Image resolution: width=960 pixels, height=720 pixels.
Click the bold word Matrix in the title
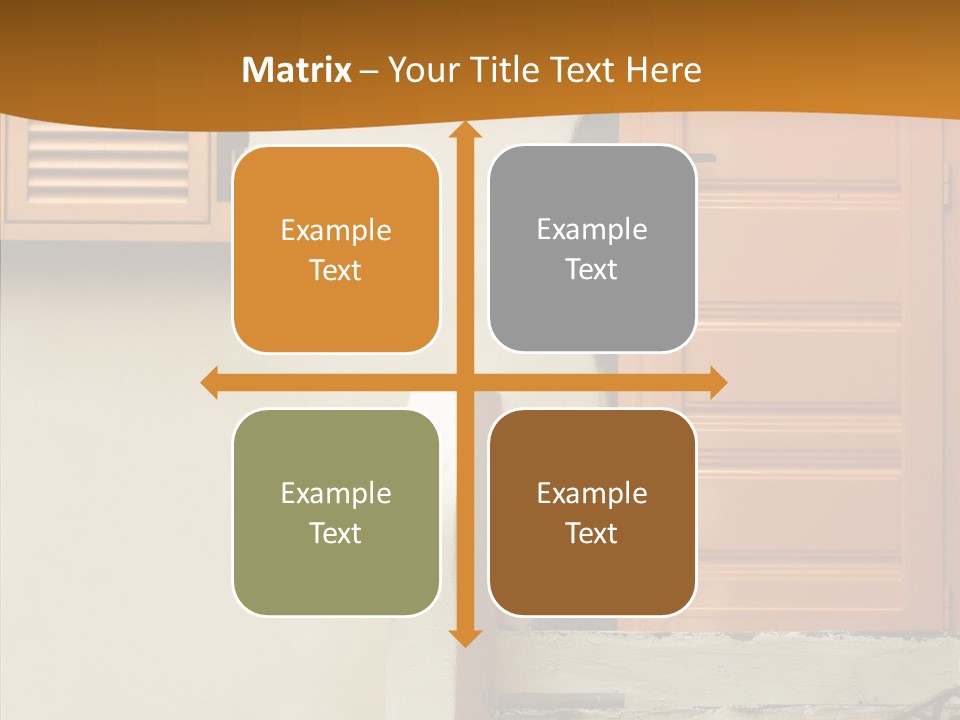tap(297, 70)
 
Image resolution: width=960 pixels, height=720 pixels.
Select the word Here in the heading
tap(664, 70)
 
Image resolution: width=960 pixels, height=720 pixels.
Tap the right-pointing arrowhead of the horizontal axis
tap(717, 382)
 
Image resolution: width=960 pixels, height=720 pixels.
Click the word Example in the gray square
tap(592, 230)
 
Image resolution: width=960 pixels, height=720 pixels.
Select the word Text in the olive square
tap(336, 534)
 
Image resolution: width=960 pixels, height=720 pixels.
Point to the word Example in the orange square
tap(336, 231)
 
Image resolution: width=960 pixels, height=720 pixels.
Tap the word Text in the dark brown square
tap(592, 534)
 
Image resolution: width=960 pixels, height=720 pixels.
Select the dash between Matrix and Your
tap(369, 71)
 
